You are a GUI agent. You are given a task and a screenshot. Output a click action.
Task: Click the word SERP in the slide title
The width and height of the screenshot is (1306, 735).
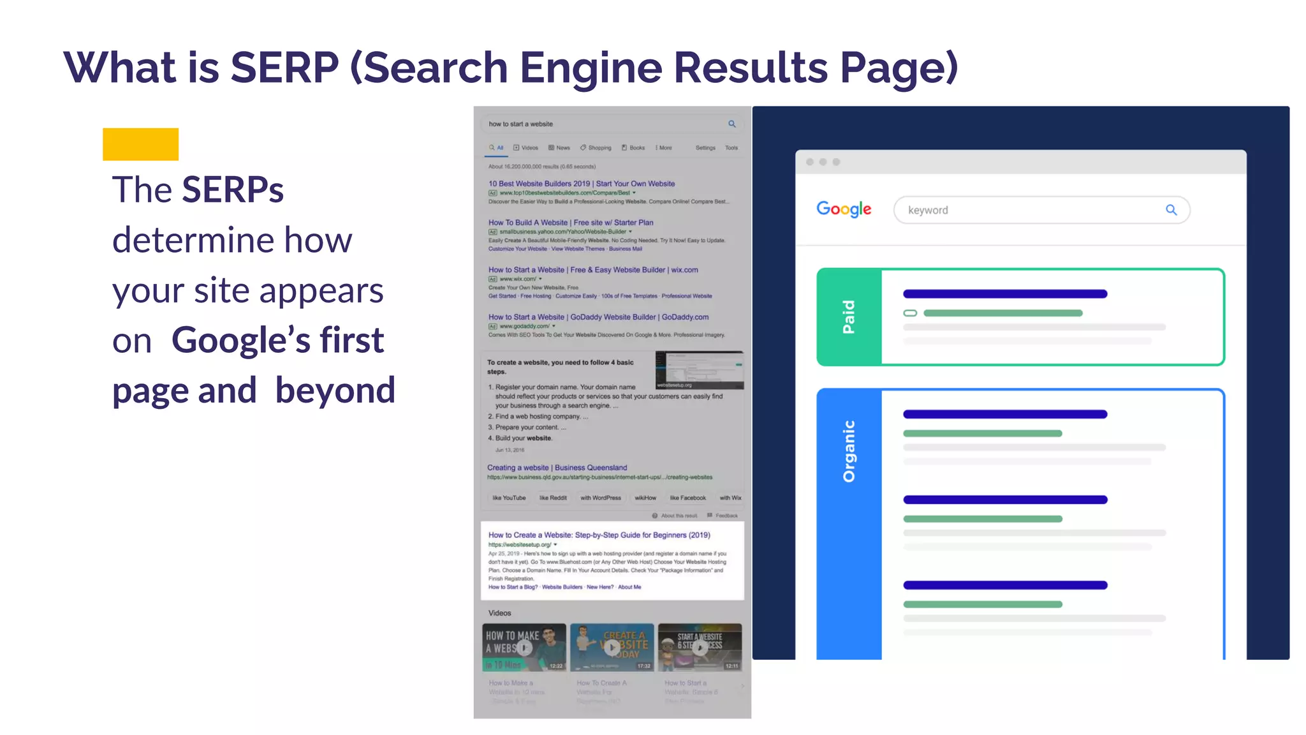284,68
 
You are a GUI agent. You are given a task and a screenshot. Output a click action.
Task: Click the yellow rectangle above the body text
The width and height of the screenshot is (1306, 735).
140,144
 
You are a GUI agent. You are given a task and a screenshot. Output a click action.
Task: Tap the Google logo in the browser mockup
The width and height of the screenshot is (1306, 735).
844,209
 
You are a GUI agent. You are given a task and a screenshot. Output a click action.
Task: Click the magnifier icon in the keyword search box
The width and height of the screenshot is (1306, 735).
1171,210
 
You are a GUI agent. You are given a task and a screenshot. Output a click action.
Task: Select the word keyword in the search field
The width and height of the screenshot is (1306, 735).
928,211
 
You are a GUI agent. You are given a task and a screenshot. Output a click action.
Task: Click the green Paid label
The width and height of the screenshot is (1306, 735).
849,317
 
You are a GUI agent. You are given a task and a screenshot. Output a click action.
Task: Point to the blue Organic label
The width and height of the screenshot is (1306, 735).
849,451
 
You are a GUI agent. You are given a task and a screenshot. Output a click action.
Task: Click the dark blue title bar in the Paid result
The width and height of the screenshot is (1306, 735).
1005,294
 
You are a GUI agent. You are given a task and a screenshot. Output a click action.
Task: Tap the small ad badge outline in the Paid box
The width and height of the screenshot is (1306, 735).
910,313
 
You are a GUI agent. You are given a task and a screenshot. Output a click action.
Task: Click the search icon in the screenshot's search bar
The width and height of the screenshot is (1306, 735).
732,124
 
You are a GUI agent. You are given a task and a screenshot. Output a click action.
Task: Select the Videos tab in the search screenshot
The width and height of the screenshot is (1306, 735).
526,148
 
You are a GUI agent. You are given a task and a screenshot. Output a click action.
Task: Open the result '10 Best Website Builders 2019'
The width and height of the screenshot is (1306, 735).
581,184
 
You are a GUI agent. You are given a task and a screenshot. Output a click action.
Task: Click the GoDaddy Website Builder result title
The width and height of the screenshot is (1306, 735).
598,317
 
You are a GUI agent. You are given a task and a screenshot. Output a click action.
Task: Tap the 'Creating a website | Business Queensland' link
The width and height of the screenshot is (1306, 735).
557,468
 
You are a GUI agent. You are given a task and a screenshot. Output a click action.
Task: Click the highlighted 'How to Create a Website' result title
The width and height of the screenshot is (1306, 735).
599,535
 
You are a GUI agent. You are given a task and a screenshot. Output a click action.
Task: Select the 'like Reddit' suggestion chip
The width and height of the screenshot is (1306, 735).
553,498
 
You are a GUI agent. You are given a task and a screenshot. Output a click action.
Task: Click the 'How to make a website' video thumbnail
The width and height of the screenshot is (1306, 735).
524,648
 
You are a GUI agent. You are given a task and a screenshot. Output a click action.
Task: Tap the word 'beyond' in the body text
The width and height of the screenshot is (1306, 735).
335,390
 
